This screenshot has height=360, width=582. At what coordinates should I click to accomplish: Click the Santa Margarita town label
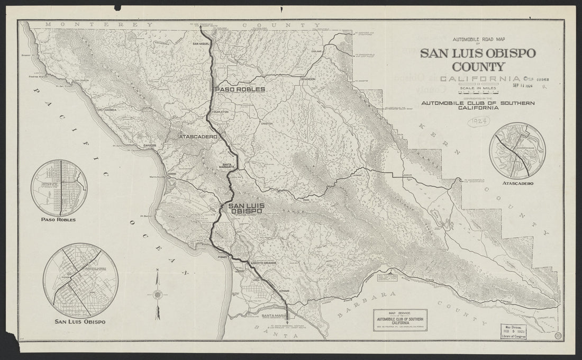(x=229, y=166)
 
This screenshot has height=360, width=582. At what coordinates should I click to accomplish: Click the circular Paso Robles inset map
(x=59, y=187)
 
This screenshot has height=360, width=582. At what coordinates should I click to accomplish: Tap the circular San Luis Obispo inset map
(x=81, y=281)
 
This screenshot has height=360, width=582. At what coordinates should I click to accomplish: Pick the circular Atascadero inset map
(x=517, y=150)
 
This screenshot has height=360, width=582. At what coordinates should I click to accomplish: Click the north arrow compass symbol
(x=157, y=294)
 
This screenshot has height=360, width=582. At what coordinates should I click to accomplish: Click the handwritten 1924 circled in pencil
(x=478, y=121)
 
